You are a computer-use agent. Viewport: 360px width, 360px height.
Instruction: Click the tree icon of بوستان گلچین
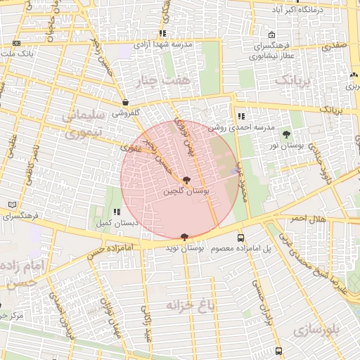pyautogui.click(x=186, y=181)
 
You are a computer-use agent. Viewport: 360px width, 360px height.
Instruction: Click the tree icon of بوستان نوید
pyautogui.click(x=185, y=237)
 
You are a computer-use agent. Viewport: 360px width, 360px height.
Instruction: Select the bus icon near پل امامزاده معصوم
pyautogui.click(x=241, y=238)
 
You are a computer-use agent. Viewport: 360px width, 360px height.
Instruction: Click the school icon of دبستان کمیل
pyautogui.click(x=117, y=212)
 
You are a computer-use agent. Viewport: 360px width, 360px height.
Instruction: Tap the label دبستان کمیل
pyautogui.click(x=117, y=222)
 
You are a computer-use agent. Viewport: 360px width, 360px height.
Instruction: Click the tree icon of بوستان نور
pyautogui.click(x=285, y=134)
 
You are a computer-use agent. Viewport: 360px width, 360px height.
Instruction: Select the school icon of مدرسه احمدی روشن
pyautogui.click(x=241, y=116)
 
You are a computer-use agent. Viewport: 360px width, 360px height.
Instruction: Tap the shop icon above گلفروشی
pyautogui.click(x=124, y=102)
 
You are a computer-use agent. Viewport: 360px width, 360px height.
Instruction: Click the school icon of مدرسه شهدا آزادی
pyautogui.click(x=162, y=33)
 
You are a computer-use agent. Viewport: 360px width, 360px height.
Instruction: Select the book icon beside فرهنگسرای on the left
pyautogui.click(x=11, y=205)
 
